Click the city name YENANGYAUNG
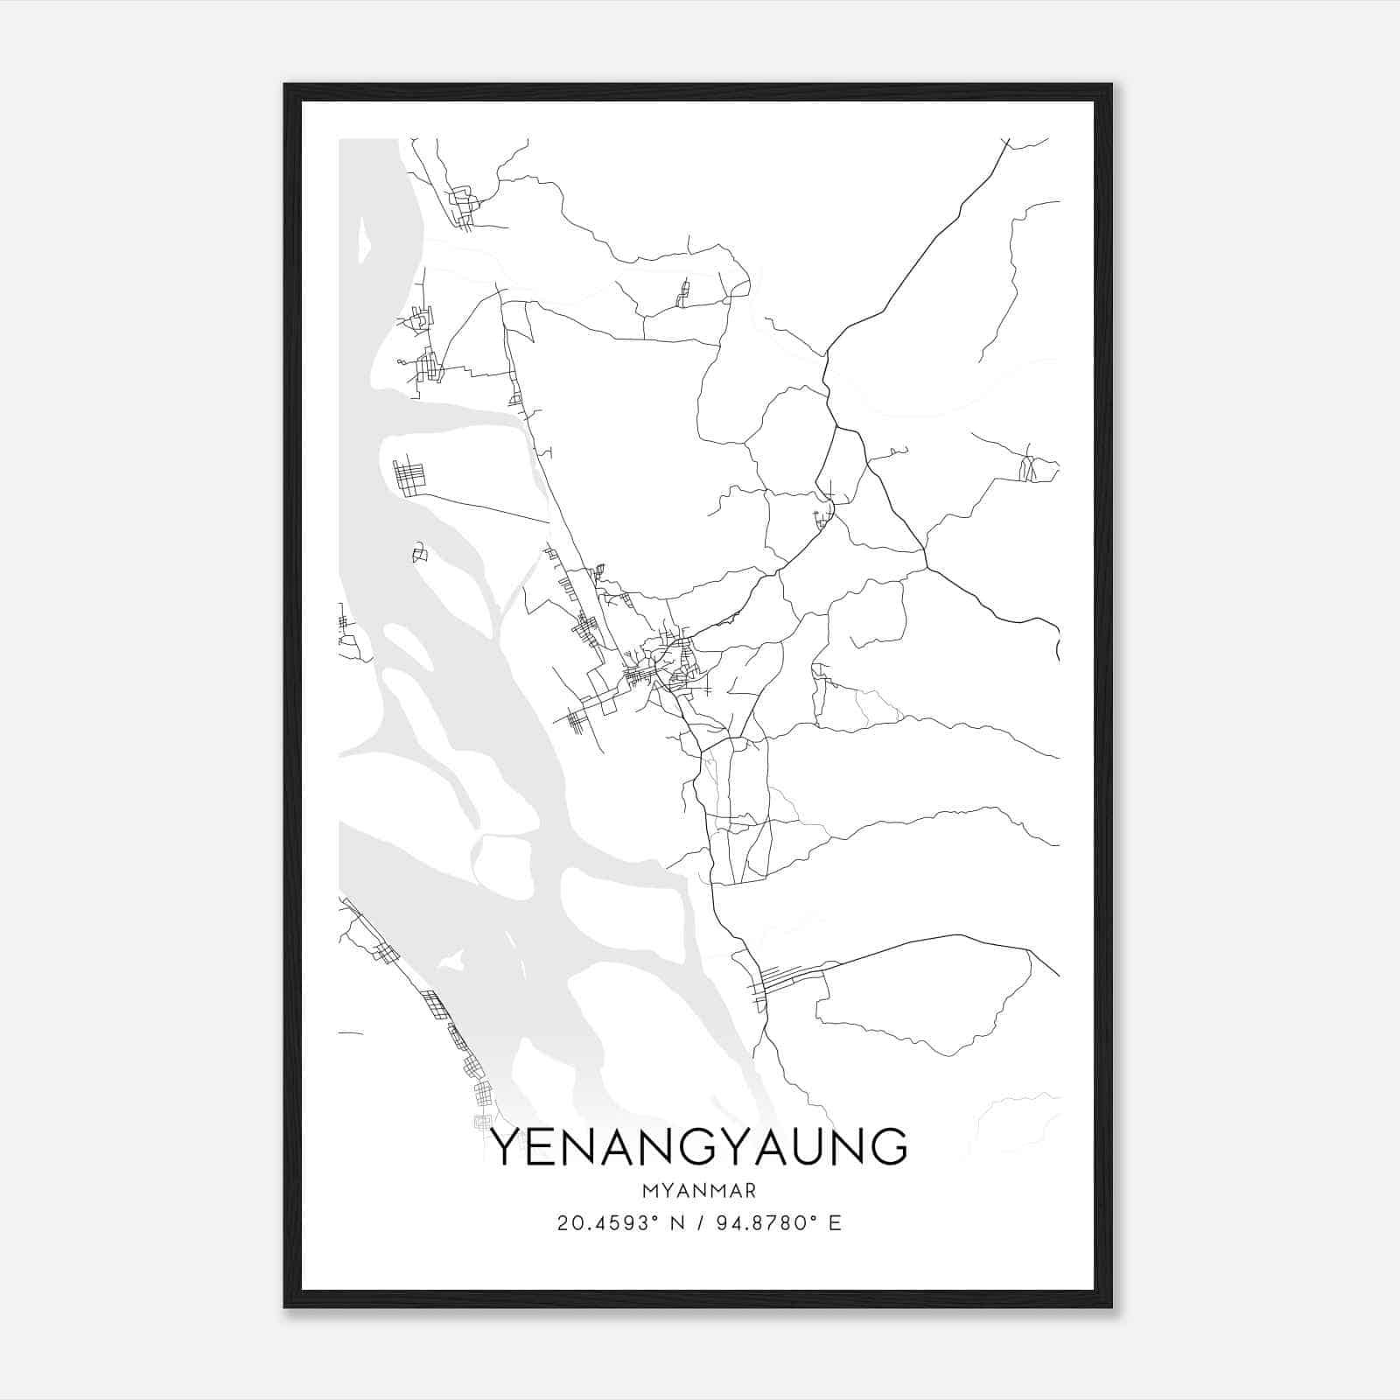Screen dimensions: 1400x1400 (x=699, y=1146)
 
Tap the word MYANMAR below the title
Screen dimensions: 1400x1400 (x=699, y=1191)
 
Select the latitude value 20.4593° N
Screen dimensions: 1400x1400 (x=619, y=1223)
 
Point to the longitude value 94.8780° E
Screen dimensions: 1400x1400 (x=771, y=1223)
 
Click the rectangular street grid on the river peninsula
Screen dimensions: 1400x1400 (x=408, y=478)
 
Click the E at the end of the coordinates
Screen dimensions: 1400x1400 (x=836, y=1223)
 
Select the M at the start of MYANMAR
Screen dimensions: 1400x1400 (x=648, y=1191)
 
